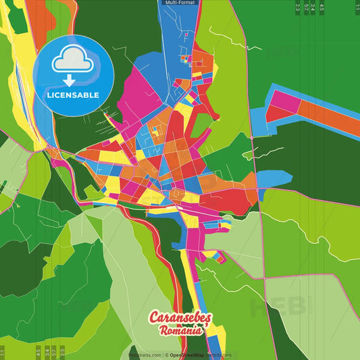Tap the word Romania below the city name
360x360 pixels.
click(x=180, y=331)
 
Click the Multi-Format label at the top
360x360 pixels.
click(x=180, y=3)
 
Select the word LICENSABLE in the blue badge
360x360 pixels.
click(x=72, y=95)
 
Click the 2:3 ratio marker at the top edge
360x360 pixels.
click(x=298, y=7)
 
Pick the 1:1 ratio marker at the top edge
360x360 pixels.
click(x=357, y=7)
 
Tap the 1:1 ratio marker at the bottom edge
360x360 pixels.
click(x=3, y=352)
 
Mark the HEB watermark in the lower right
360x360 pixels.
click(x=277, y=307)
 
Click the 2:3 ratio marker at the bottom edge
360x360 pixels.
click(x=63, y=352)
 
